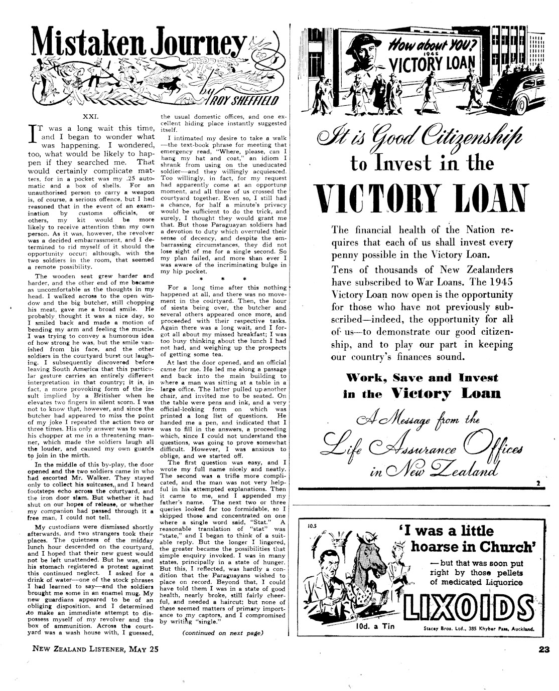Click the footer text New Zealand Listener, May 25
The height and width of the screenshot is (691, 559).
[x=95, y=649]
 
